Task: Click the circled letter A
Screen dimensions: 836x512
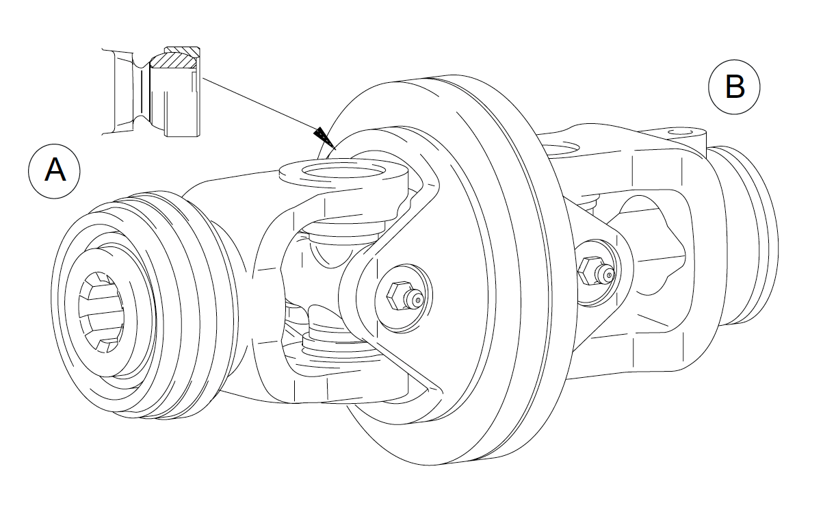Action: coord(54,171)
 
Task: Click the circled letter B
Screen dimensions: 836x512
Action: coord(734,87)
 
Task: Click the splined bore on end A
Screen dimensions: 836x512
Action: coord(101,312)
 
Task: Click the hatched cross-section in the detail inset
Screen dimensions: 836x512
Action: coord(174,60)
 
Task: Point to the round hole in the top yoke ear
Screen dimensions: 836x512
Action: coord(343,172)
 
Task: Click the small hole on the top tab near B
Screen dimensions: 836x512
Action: coord(680,132)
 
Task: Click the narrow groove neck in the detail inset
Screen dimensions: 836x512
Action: coord(142,92)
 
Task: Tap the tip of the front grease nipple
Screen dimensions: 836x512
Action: coord(417,300)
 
